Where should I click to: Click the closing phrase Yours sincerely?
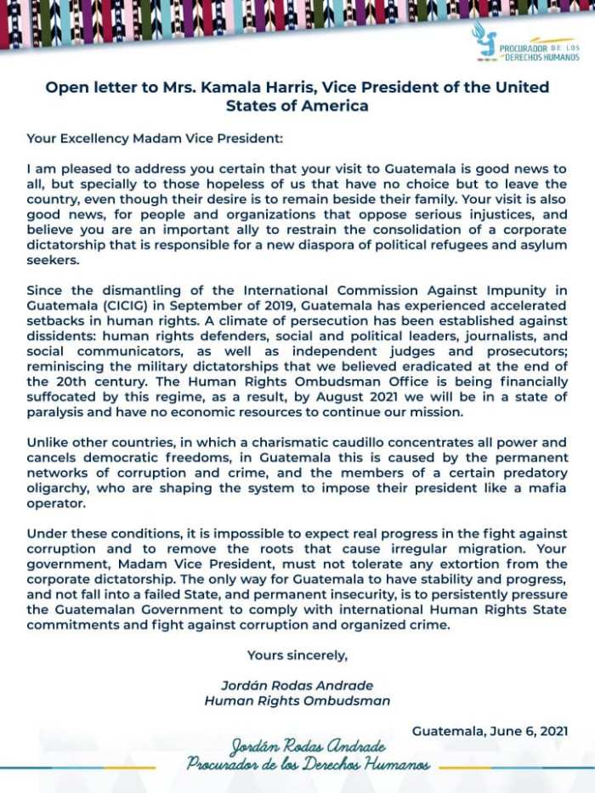pyautogui.click(x=297, y=654)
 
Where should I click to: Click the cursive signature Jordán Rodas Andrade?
pyautogui.click(x=307, y=747)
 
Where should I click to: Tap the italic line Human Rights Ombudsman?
pyautogui.click(x=297, y=700)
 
